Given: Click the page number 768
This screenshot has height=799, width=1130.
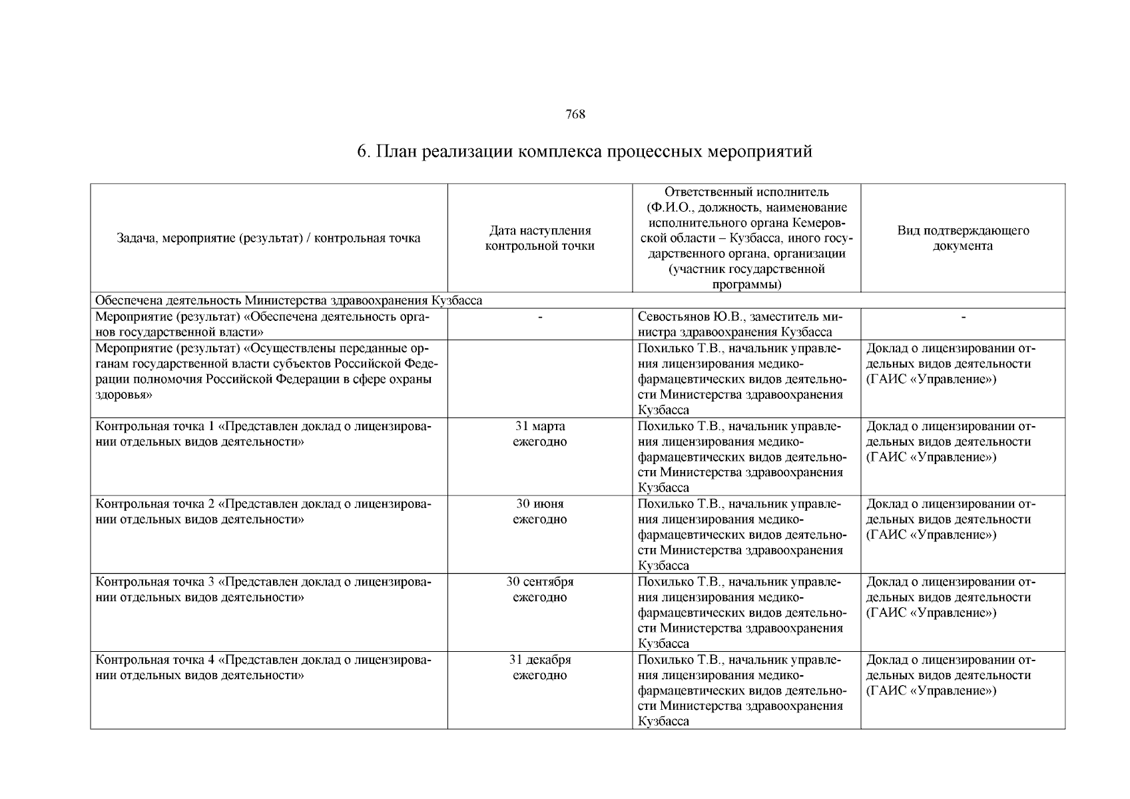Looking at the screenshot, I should coord(575,115).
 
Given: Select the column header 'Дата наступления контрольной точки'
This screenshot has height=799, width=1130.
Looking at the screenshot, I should coord(539,238).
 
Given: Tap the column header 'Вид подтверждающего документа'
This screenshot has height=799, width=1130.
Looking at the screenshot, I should coord(962,238).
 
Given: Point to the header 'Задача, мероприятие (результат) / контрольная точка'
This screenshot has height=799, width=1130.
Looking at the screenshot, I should coord(268,238).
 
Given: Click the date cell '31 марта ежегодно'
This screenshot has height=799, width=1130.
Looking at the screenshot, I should coord(539,434).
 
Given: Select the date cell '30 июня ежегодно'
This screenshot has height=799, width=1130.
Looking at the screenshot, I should coord(539,512).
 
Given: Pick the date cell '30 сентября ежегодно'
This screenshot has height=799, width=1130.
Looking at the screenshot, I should coord(539,590).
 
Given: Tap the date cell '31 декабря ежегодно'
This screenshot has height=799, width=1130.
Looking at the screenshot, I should coord(539,668).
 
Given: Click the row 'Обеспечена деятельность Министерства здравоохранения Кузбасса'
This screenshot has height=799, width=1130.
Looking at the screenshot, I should coord(288,301).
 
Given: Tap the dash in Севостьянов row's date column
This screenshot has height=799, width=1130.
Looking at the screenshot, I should coord(540,318).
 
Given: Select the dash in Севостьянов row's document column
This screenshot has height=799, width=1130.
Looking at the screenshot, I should coord(963,318).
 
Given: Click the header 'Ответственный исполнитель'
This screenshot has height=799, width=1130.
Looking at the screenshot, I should coord(746,192).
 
